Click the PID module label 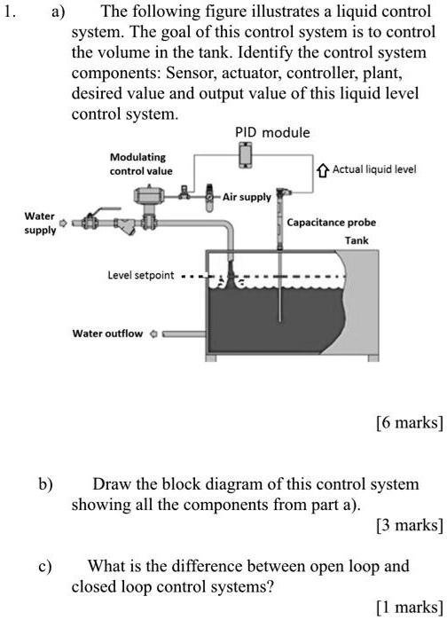(x=272, y=132)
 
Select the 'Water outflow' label (x=106, y=334)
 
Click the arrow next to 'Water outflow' (x=153, y=334)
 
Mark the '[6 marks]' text (x=408, y=422)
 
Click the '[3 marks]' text (x=408, y=525)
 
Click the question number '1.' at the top (x=12, y=12)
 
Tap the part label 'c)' (x=44, y=565)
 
